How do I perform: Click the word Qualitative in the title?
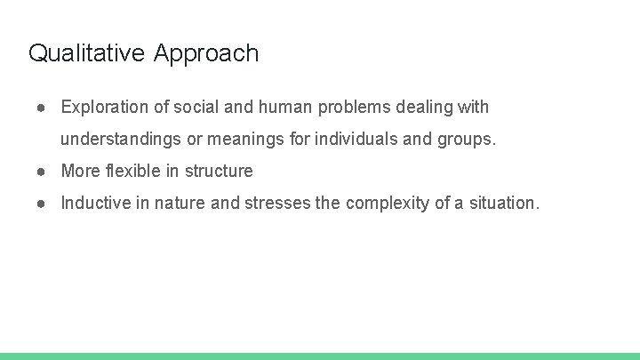[x=86, y=53]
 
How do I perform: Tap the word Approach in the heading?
[x=206, y=54]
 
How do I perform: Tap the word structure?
[x=219, y=171]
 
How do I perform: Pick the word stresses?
[x=278, y=203]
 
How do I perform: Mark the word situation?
[x=505, y=203]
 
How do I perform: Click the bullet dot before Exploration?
[x=42, y=108]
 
